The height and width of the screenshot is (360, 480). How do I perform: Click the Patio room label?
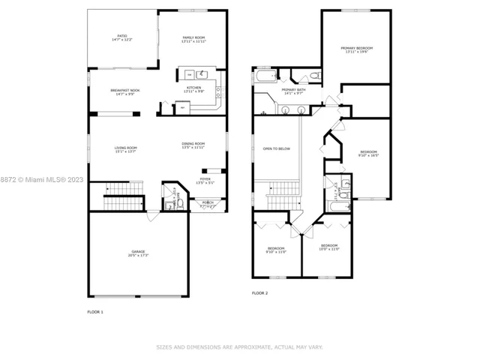(121, 37)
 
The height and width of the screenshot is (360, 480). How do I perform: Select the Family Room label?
(193, 39)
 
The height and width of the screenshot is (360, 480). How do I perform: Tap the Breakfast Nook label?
(124, 91)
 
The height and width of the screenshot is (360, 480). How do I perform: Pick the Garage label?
(139, 253)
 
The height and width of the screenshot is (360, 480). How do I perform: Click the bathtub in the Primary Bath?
(265, 76)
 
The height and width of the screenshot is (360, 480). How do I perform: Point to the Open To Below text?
(276, 148)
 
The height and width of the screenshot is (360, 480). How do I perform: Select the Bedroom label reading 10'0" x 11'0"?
(330, 247)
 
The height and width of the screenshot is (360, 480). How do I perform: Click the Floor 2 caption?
(259, 292)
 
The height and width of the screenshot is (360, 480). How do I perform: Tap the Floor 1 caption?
(96, 310)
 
